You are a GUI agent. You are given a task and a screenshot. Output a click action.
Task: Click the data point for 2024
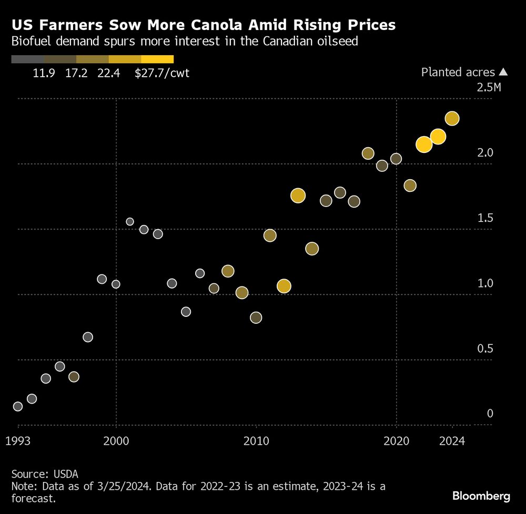click(x=452, y=119)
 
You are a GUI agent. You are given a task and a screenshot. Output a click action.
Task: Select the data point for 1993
click(x=18, y=406)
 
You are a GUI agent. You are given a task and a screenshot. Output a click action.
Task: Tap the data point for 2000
click(x=116, y=284)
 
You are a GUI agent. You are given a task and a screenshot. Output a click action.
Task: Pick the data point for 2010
click(x=256, y=317)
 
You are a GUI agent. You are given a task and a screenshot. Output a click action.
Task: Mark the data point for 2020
click(x=396, y=159)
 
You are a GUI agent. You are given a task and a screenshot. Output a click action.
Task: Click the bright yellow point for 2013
click(x=298, y=196)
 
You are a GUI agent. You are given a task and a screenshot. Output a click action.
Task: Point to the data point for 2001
click(x=130, y=222)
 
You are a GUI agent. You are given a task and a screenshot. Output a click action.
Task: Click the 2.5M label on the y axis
click(x=489, y=87)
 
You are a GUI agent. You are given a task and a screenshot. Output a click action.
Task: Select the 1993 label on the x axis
click(x=18, y=441)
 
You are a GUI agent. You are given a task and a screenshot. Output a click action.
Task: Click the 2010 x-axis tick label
click(x=256, y=441)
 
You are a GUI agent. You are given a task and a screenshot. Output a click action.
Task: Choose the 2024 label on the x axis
click(x=452, y=441)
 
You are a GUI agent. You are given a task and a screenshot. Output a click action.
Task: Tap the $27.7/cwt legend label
click(x=162, y=73)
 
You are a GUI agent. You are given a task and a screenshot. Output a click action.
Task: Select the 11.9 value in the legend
click(x=43, y=73)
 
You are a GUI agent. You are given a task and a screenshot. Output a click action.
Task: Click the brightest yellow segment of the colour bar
click(x=157, y=59)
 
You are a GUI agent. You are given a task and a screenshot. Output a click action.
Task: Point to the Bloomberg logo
click(x=481, y=496)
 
